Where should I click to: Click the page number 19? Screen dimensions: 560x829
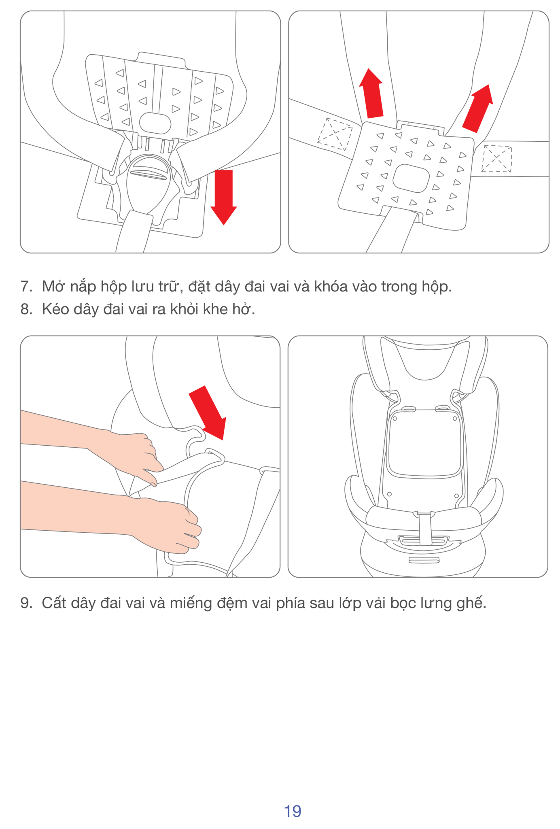293,811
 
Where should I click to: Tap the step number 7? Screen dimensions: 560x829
26,287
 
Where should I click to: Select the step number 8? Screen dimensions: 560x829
26,309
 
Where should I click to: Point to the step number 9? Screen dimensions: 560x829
26,603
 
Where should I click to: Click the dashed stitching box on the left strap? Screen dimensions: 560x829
334,134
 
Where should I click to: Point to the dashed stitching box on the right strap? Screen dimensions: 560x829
497,159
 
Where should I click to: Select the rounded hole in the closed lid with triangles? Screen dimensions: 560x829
411,179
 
